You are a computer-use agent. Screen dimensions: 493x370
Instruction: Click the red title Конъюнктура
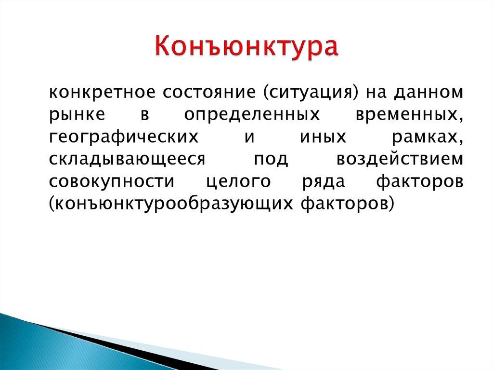[246, 47]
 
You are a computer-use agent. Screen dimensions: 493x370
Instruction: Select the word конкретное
[102, 92]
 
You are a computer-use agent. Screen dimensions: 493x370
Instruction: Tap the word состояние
[209, 92]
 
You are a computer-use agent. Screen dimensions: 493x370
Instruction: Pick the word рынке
[77, 115]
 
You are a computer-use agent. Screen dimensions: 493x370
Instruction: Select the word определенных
[251, 115]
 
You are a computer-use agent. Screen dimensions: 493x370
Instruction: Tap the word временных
[409, 115]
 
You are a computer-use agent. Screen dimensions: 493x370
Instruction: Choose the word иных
[323, 137]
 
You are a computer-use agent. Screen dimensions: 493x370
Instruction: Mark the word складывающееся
[127, 160]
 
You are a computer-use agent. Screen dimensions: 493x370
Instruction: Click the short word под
[271, 160]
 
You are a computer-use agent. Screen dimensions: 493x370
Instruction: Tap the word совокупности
[112, 182]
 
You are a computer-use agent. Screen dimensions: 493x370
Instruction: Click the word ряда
[324, 182]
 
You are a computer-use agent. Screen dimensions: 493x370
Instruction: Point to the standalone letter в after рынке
[144, 115]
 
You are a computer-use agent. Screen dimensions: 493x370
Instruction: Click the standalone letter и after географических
[249, 137]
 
